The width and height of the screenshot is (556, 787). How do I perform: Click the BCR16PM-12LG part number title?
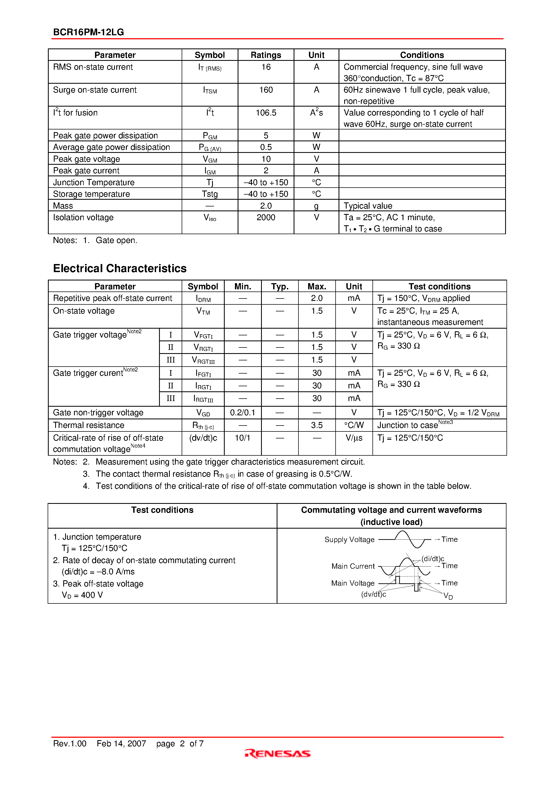pos(89,32)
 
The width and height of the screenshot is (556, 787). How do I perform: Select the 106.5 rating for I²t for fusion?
pos(266,113)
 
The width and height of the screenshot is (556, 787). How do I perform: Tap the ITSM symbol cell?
pos(210,90)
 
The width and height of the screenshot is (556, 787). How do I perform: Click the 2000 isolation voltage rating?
pos(266,217)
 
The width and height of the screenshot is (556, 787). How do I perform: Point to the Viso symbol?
pos(210,218)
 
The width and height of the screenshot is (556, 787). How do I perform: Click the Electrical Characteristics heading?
pos(120,268)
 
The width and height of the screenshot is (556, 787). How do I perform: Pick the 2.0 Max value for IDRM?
pos(317,298)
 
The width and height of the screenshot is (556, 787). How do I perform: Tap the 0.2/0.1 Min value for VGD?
pos(242,412)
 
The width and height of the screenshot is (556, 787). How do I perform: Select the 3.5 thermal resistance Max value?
pos(317,425)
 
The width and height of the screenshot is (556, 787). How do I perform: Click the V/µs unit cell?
pos(354,438)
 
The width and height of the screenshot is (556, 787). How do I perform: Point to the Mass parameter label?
pos(63,206)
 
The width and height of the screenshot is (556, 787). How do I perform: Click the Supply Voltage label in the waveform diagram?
pos(349,540)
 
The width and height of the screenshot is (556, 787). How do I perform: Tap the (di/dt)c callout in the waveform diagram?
pos(432,559)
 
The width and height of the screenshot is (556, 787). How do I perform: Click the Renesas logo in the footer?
pos(278,753)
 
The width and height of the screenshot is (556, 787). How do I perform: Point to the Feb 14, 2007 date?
pos(121,743)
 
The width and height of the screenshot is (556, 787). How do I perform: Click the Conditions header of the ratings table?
pos(422,55)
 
